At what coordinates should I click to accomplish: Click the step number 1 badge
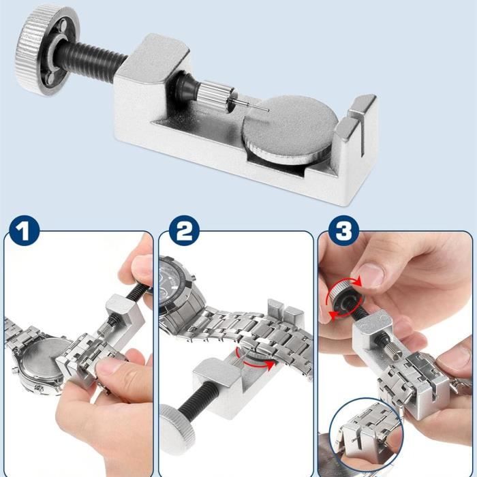(x=23, y=232)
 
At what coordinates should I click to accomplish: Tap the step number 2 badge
(x=182, y=232)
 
